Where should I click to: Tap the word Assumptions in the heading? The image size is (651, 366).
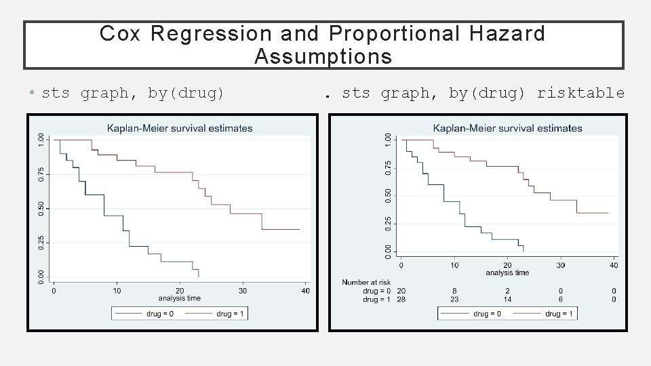pos(323,57)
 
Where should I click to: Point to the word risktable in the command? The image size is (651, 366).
pos(580,93)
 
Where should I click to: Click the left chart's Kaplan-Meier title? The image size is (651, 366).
pos(180,128)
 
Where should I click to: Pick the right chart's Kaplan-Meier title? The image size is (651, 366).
pos(507,128)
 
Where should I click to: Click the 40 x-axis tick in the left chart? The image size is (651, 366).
pos(305,291)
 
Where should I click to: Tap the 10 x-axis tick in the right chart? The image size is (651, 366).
pos(454,265)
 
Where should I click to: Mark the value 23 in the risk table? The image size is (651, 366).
pos(454,299)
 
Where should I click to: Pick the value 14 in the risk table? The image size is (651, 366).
pos(507,299)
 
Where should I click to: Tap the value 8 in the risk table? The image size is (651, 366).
pos(454,291)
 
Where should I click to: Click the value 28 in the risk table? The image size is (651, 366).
pos(401,299)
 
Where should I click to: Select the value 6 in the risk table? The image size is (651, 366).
pos(561,299)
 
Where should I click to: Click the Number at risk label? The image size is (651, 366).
pos(366,282)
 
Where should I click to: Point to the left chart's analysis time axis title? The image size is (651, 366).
pos(180,298)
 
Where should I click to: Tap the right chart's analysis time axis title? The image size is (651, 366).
pos(507,272)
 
